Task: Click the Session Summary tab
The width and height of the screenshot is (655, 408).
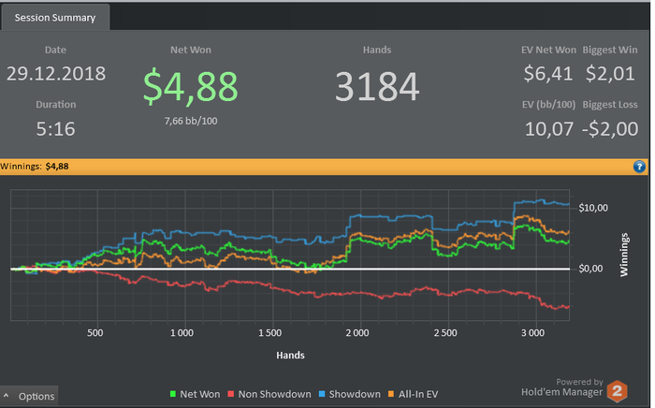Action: (56, 17)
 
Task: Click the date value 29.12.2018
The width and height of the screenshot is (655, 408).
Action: (56, 73)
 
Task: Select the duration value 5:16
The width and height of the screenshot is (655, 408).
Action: (56, 128)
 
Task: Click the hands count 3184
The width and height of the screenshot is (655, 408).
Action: (377, 87)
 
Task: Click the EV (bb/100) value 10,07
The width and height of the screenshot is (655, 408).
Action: (549, 128)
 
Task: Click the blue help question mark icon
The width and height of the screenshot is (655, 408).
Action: (640, 167)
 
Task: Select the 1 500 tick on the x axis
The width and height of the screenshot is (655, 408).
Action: (269, 333)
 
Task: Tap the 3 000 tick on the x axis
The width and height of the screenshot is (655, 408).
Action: (531, 333)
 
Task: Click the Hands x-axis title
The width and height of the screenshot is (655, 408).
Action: (290, 356)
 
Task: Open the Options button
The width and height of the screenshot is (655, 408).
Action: (30, 397)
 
